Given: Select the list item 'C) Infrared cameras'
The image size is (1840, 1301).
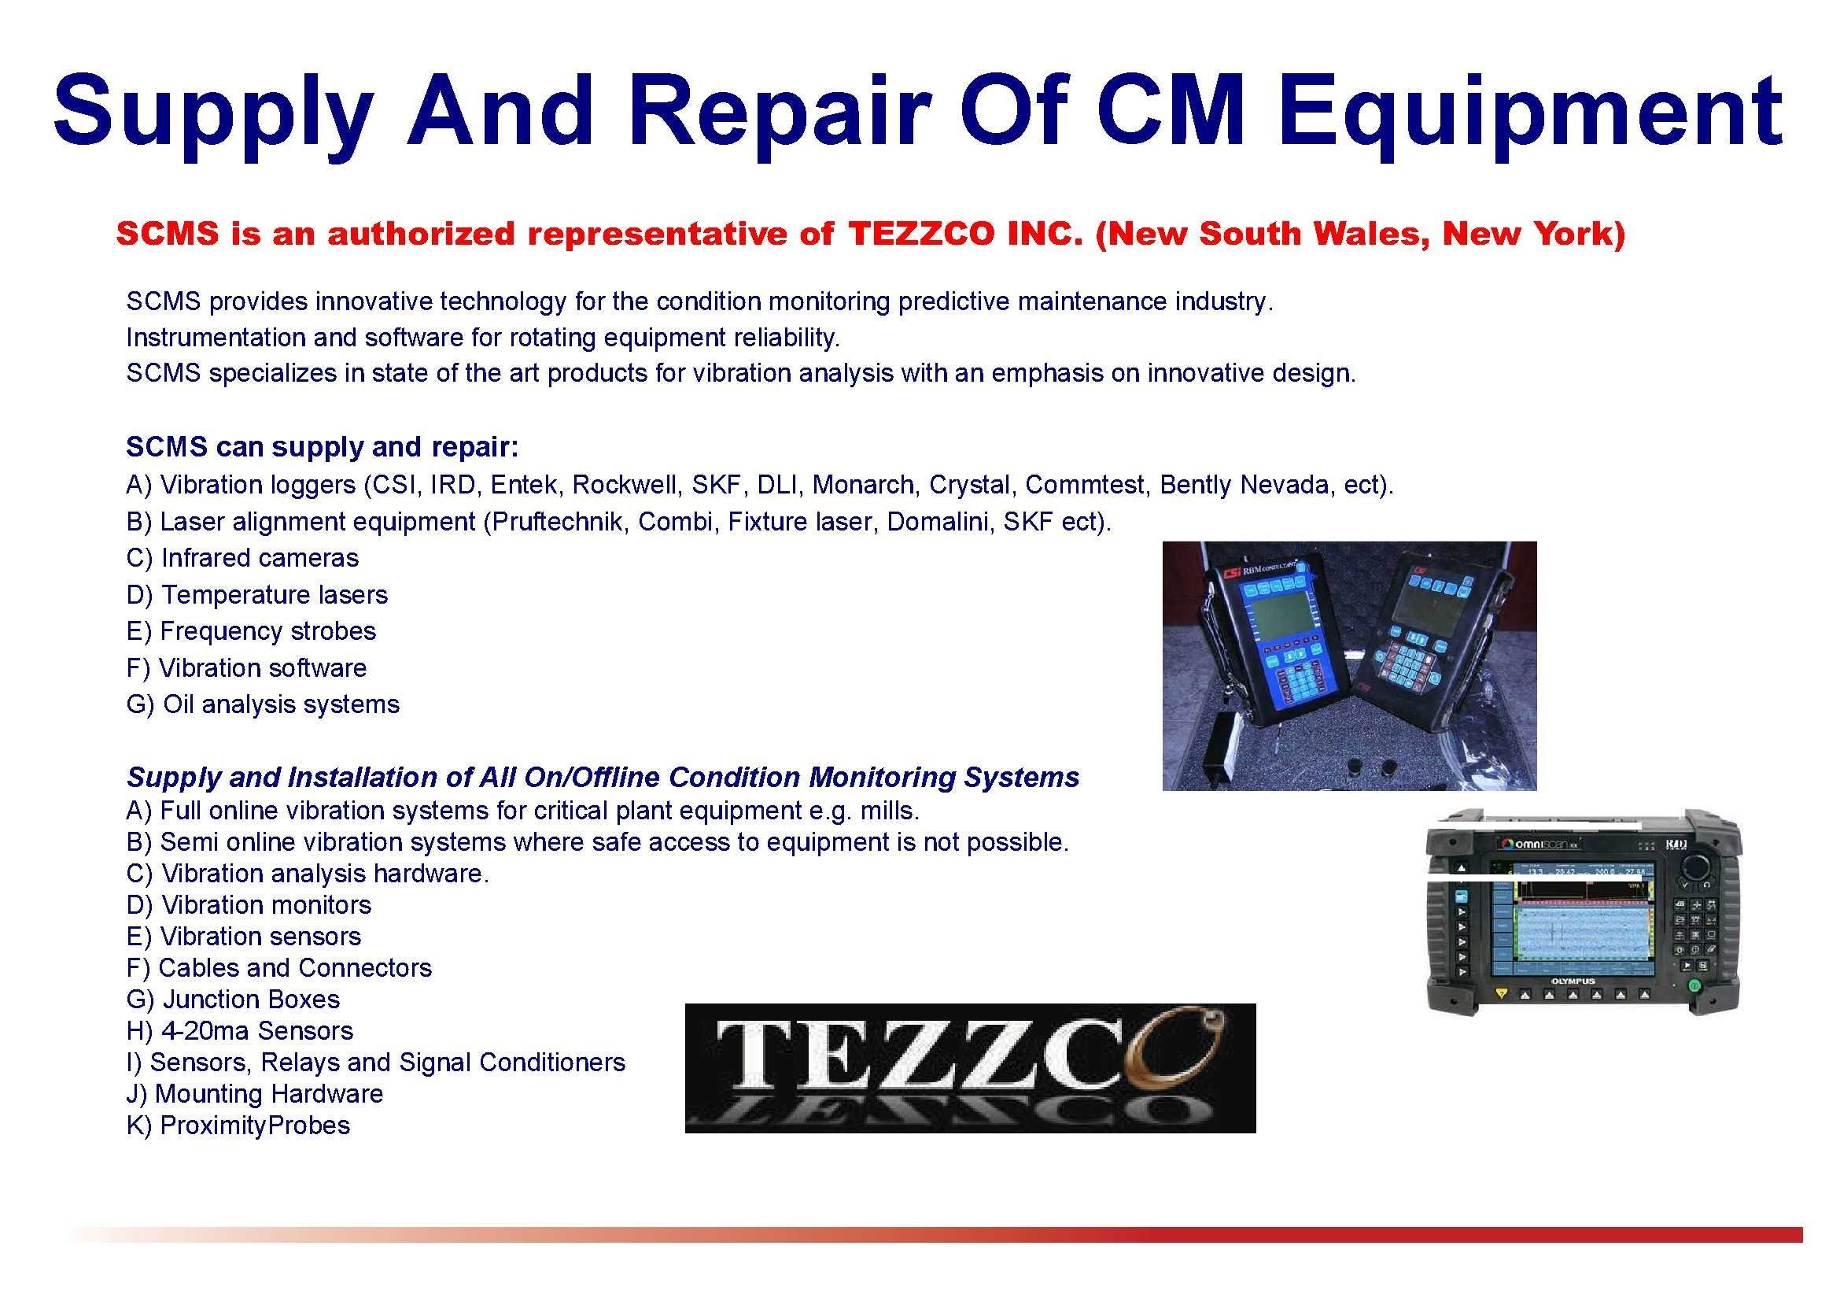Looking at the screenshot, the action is tap(242, 558).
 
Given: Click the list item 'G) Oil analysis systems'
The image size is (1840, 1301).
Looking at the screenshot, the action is tap(263, 704).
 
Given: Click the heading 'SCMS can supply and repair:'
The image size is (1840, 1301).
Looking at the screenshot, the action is tap(323, 447).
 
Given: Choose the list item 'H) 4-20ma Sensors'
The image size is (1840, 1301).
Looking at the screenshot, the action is tap(240, 1031).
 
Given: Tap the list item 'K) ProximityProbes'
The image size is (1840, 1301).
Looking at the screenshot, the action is tap(238, 1125).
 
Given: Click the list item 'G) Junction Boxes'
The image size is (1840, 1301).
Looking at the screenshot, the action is tap(232, 1000).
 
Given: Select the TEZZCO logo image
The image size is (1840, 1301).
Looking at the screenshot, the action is tap(971, 1068).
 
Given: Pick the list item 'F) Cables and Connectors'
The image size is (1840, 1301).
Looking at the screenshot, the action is tap(279, 968).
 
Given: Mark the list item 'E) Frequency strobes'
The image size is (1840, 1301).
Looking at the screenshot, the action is tap(251, 632).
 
